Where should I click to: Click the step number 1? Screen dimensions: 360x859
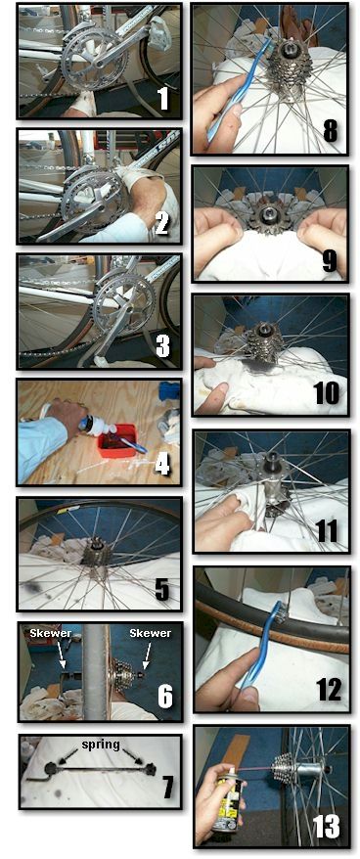click(x=162, y=98)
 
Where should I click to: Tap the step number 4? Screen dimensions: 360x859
click(x=162, y=465)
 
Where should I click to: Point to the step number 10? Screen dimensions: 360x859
click(x=328, y=393)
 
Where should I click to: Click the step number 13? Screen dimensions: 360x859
click(x=326, y=825)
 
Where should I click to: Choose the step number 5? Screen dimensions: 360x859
click(x=162, y=589)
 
